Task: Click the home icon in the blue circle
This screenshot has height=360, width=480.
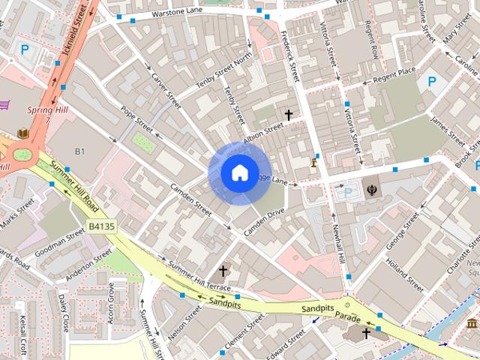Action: pos(239,173)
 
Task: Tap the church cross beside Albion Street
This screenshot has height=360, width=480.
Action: pos(289,115)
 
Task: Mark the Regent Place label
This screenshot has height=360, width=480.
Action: pos(394,73)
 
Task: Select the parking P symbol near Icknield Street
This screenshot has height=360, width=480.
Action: pos(25,51)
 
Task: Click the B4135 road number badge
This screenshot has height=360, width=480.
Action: pos(102,226)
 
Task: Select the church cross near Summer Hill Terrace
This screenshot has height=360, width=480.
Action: pos(223,270)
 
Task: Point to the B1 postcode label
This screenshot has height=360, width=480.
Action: pos(79,151)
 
